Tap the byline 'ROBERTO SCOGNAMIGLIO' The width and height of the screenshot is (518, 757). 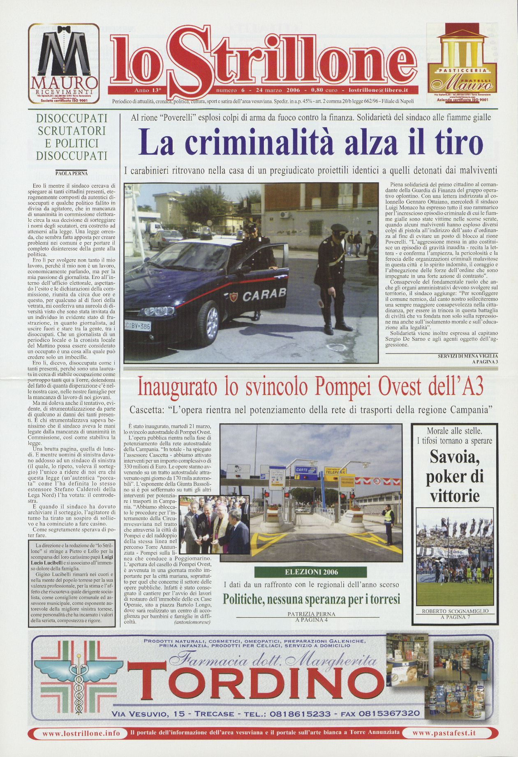[x=455, y=611]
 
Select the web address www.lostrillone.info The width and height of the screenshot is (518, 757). [x=81, y=733]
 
